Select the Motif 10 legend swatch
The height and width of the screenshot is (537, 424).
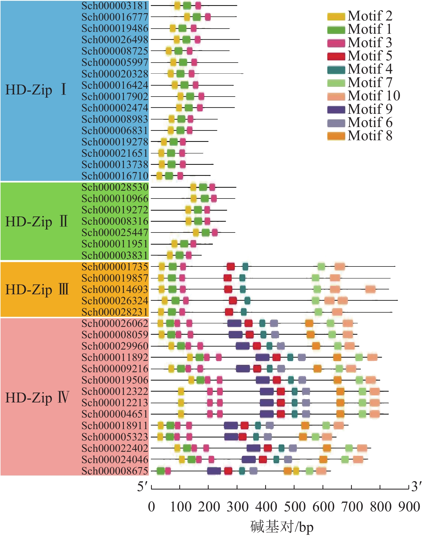coord(336,96)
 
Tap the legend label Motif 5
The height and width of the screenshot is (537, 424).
coord(370,56)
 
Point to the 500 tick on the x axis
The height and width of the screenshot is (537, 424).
coord(294,487)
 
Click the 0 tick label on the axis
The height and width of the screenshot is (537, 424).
coord(152,507)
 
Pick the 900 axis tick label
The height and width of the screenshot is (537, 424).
coord(409,507)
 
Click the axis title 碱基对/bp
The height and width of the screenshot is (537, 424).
coord(282,526)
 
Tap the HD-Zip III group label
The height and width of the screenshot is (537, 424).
coord(37,290)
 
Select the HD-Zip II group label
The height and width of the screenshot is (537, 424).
coord(37,222)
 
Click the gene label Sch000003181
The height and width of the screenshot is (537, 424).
coord(115,6)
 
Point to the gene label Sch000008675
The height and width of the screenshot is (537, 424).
coord(115,471)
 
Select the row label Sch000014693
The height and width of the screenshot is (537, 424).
coord(115,289)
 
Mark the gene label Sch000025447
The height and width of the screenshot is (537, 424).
coord(115,232)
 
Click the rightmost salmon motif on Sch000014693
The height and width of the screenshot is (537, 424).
coord(370,289)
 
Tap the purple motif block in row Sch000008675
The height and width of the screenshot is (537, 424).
coord(214,471)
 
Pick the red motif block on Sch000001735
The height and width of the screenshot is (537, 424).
coord(231,267)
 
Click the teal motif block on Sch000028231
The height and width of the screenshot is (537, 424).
coord(244,312)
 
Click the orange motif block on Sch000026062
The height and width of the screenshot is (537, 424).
coord(309,323)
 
